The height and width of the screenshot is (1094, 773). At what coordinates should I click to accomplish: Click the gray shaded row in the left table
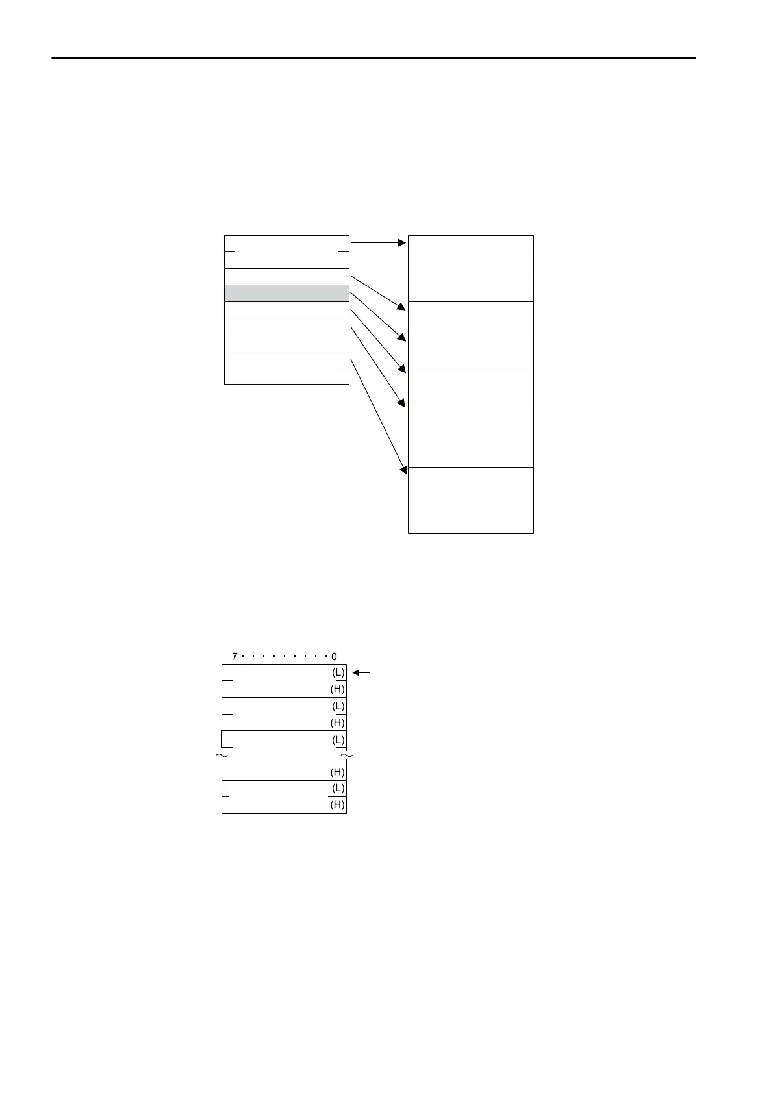click(286, 293)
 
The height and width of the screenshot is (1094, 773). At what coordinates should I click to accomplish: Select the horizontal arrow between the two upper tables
click(379, 243)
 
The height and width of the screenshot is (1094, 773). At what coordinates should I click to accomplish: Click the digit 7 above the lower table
click(234, 657)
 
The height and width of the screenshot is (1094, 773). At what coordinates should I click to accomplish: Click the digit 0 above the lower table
click(335, 657)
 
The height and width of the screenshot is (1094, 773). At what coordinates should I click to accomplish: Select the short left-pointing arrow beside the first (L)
click(361, 673)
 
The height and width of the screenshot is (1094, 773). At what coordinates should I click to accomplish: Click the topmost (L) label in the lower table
click(338, 672)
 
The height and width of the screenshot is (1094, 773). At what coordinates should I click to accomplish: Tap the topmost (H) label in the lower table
click(338, 689)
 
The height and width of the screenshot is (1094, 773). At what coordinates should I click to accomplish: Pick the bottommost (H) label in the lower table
click(338, 805)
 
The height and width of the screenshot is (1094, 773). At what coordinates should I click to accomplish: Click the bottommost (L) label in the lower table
click(338, 788)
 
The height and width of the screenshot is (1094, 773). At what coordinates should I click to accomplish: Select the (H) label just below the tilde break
click(338, 772)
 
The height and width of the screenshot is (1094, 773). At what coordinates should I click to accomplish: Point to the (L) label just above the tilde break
click(338, 739)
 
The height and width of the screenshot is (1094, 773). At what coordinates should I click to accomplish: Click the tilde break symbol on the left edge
click(222, 756)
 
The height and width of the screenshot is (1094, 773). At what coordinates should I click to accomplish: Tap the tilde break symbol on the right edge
click(347, 756)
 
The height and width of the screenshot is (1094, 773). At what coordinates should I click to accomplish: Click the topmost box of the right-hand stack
click(470, 268)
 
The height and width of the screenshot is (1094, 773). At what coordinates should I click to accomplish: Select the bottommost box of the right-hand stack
click(470, 500)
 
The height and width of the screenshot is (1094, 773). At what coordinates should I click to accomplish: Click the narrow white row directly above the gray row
click(286, 277)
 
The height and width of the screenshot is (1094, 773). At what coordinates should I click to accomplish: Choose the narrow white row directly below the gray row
click(286, 310)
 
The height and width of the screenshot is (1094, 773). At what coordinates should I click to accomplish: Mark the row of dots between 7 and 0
click(285, 657)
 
